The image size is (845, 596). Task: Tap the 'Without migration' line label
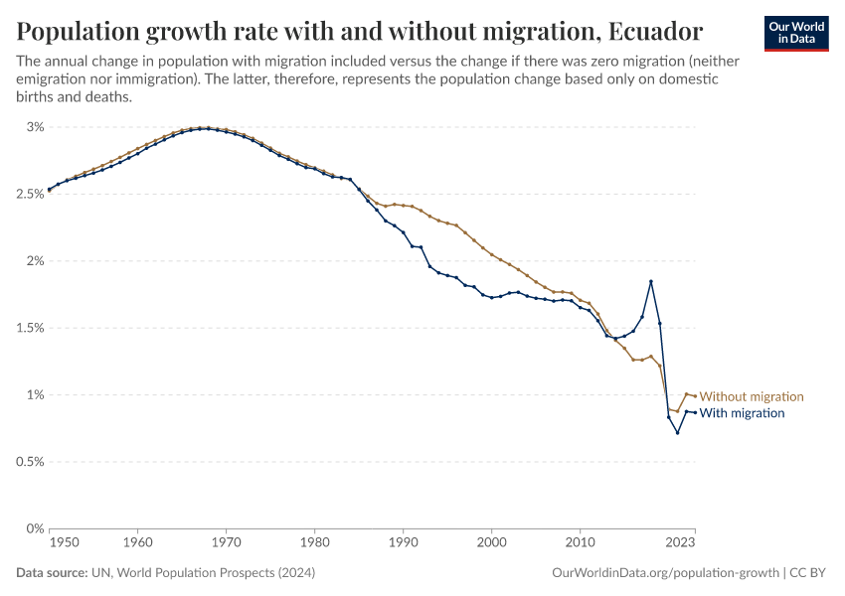[752, 396]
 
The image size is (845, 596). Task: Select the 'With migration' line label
[743, 413]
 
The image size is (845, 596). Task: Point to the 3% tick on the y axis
[36, 127]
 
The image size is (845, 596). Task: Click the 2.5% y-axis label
[30, 194]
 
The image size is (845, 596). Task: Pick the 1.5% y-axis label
[30, 328]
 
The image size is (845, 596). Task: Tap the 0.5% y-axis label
[30, 462]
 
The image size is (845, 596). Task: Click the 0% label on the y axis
[36, 528]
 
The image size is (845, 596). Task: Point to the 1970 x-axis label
[227, 544]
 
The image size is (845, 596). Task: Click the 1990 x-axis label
[404, 544]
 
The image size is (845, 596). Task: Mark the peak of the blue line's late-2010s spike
[651, 281]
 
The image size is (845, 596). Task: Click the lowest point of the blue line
[678, 432]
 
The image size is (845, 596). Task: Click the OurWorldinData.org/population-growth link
[664, 573]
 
